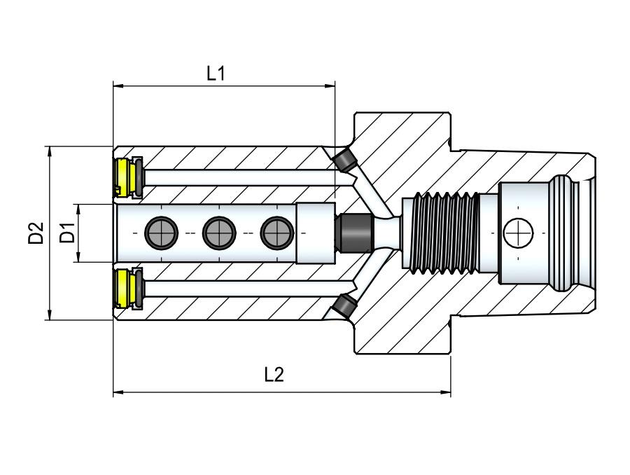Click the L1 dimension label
point(216,73)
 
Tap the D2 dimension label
point(36,233)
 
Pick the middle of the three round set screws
point(218,233)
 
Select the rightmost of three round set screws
point(276,233)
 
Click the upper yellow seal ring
point(125,175)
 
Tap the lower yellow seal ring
point(125,289)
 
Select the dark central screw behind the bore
point(353,233)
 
